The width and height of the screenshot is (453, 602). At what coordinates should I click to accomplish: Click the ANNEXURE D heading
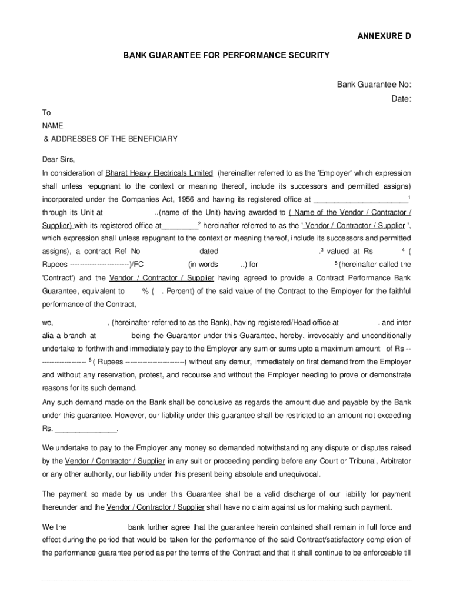coord(384,36)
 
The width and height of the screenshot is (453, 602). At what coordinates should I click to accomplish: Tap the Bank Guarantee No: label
coord(374,85)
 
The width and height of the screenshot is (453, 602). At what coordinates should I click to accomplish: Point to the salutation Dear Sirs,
coord(58,159)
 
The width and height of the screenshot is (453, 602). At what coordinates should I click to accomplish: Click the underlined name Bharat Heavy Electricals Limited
coord(159,173)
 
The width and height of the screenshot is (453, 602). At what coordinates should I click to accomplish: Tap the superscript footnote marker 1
coord(409,197)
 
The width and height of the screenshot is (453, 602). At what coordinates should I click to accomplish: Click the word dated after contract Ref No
coord(209,252)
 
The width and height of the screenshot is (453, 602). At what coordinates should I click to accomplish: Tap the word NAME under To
coord(52,126)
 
